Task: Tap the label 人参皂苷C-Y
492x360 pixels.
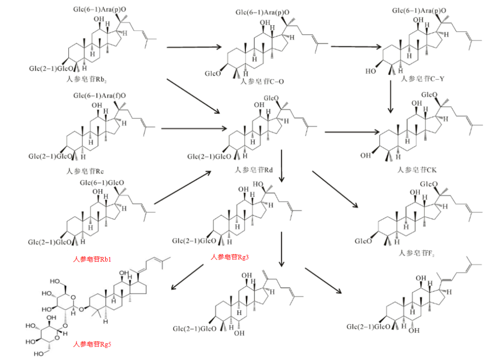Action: click(x=422, y=79)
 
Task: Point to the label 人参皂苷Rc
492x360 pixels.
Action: click(x=85, y=171)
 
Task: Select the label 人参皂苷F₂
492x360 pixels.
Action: click(x=418, y=252)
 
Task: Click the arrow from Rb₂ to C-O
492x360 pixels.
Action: click(x=194, y=47)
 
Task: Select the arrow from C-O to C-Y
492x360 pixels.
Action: click(x=356, y=46)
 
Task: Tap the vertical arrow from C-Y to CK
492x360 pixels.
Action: click(x=390, y=96)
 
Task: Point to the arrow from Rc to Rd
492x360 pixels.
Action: click(x=194, y=128)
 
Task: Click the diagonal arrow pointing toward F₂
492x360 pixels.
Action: click(x=335, y=190)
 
